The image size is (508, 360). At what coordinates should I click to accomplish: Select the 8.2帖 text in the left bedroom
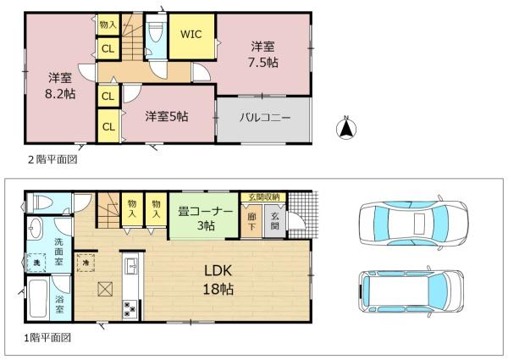click(x=59, y=94)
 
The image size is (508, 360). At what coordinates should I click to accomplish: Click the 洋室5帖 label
click(x=166, y=116)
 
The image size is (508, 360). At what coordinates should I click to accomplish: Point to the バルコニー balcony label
click(x=263, y=118)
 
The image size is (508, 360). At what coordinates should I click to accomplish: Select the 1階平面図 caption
click(x=47, y=337)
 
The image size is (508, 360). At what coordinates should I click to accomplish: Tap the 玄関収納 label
click(x=264, y=197)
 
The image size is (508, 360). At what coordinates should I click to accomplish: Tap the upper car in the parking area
click(x=411, y=224)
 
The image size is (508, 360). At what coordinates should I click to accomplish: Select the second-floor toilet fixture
click(x=154, y=36)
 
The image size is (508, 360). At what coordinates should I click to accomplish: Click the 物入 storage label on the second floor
click(x=108, y=26)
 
